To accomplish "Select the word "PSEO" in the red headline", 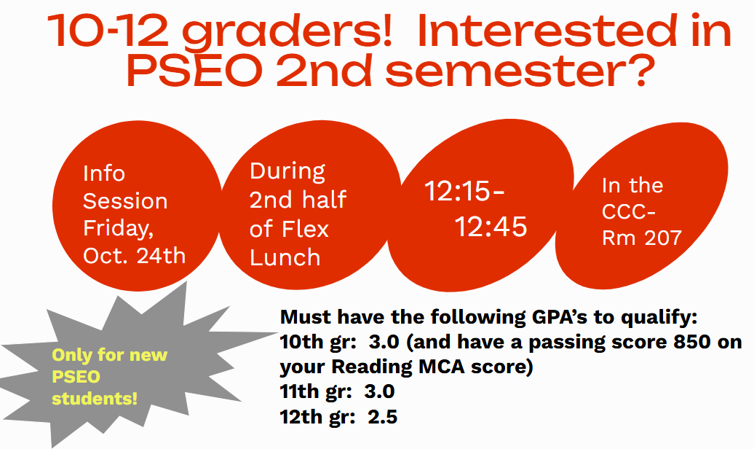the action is pos(194,70).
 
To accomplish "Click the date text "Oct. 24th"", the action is pos(134,255).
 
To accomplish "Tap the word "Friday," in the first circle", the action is pos(119,228).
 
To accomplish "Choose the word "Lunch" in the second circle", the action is pos(285,257).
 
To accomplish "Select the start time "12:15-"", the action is pos(464,191).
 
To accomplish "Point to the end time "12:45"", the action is pos(491,227).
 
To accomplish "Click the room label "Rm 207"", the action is pos(642,238).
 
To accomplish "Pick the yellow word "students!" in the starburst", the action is pos(95,399).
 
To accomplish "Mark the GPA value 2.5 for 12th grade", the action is pos(383,417).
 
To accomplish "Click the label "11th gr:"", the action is pos(318,391).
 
